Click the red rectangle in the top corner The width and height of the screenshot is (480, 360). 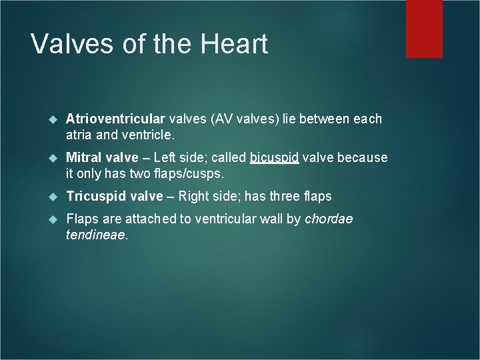[424, 28]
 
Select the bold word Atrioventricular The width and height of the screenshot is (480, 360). [115, 119]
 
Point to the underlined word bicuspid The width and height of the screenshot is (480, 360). [274, 158]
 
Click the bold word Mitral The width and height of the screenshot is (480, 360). [83, 158]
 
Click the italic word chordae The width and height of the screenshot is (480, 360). [329, 219]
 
